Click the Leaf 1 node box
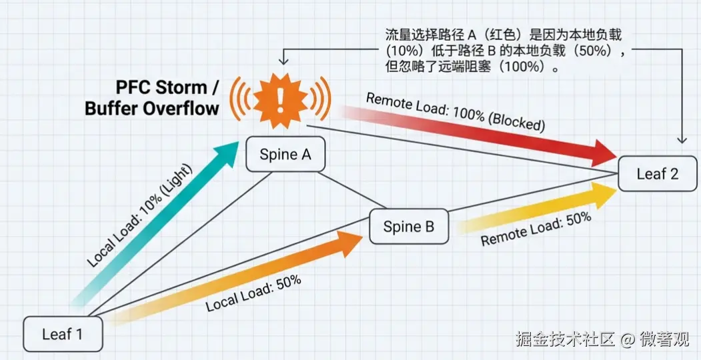click(63, 333)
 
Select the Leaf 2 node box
click(657, 174)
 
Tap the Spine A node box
click(285, 155)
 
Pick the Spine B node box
click(408, 227)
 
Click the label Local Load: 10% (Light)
click(139, 214)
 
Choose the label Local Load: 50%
click(253, 294)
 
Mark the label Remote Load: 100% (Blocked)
click(456, 112)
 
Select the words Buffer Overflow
click(151, 108)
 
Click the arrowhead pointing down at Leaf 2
click(681, 139)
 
